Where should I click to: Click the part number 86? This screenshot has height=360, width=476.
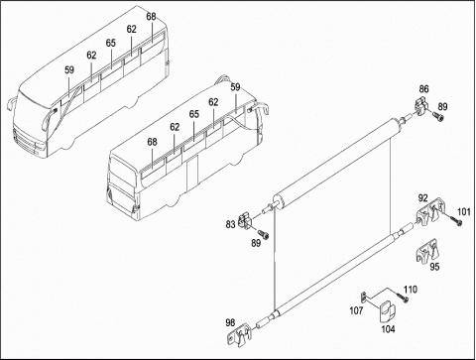point(423,89)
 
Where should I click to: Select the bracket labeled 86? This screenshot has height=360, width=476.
point(421,107)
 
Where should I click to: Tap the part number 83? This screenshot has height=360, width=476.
point(230,224)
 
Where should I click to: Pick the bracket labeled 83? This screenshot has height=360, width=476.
point(245,220)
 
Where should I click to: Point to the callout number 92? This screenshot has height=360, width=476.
point(422,198)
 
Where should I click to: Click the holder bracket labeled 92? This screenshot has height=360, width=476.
point(430,212)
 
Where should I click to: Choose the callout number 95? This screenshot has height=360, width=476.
point(434,267)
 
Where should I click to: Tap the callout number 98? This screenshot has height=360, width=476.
point(230,322)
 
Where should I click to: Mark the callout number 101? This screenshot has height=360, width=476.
point(464,211)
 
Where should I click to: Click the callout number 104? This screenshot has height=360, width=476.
point(388,329)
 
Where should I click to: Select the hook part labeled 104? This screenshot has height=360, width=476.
point(386,310)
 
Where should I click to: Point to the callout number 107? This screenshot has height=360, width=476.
point(356,310)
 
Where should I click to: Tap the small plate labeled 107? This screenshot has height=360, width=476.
point(364,297)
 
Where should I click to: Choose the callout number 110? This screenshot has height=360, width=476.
point(411,290)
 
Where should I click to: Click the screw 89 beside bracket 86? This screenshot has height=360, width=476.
point(438,117)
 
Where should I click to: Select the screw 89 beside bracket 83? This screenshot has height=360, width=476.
point(264,234)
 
